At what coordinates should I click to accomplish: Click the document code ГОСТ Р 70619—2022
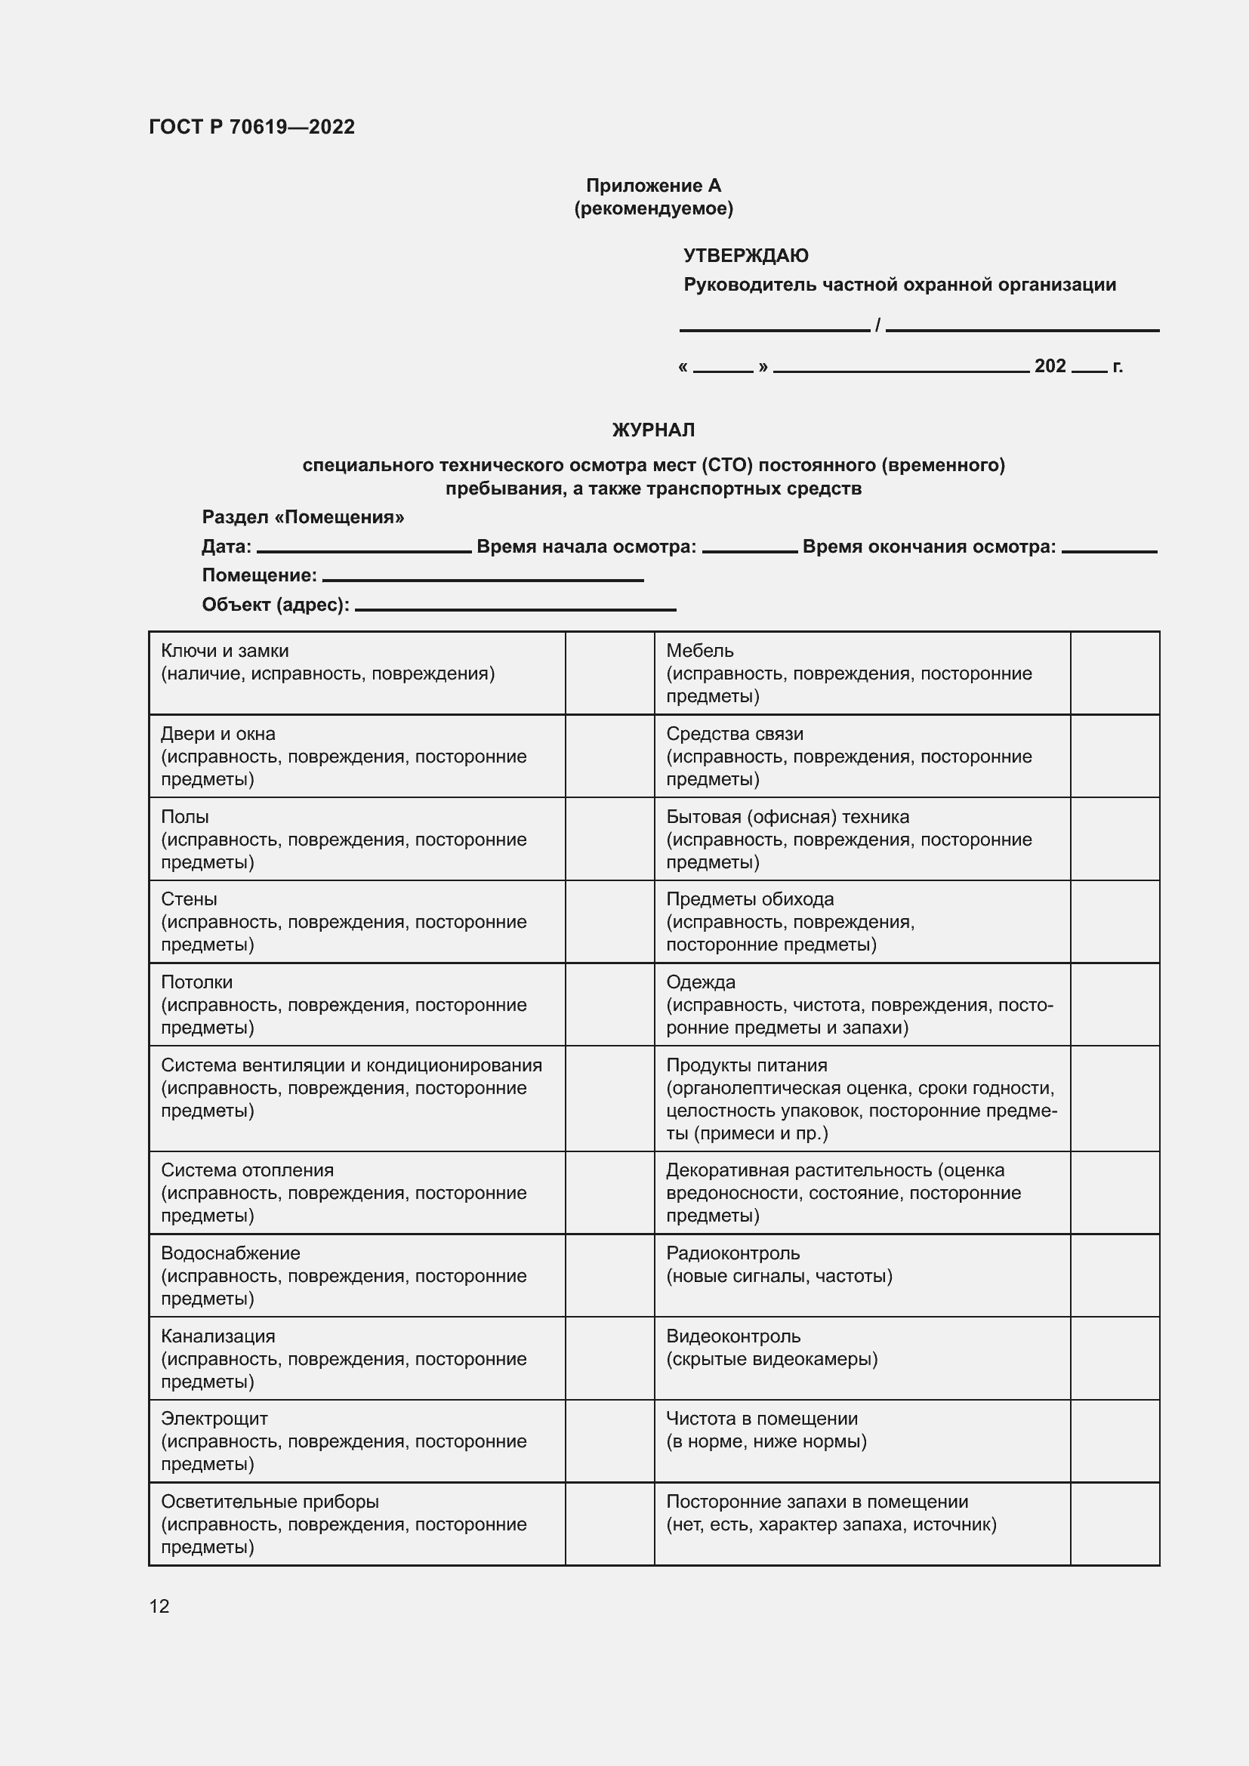(x=251, y=127)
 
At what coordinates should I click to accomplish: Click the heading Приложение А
(x=653, y=186)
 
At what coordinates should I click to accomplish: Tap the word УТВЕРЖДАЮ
(x=745, y=255)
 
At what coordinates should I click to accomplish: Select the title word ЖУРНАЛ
(x=653, y=430)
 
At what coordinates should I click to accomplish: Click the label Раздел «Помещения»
(x=303, y=517)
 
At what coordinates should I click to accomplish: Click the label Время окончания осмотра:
(x=928, y=547)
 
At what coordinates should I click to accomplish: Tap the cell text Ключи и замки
(x=224, y=651)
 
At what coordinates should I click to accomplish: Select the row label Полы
(x=184, y=817)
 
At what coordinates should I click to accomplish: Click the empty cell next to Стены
(x=609, y=921)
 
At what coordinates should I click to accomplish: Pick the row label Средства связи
(x=735, y=734)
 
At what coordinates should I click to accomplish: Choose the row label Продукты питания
(x=746, y=1065)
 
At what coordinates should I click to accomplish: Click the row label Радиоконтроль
(x=732, y=1253)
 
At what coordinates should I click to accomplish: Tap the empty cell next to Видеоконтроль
(x=1115, y=1358)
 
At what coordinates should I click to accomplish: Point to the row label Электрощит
(x=214, y=1419)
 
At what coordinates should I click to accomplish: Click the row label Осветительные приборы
(x=269, y=1502)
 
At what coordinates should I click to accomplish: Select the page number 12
(x=159, y=1606)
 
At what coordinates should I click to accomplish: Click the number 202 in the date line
(x=1050, y=366)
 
